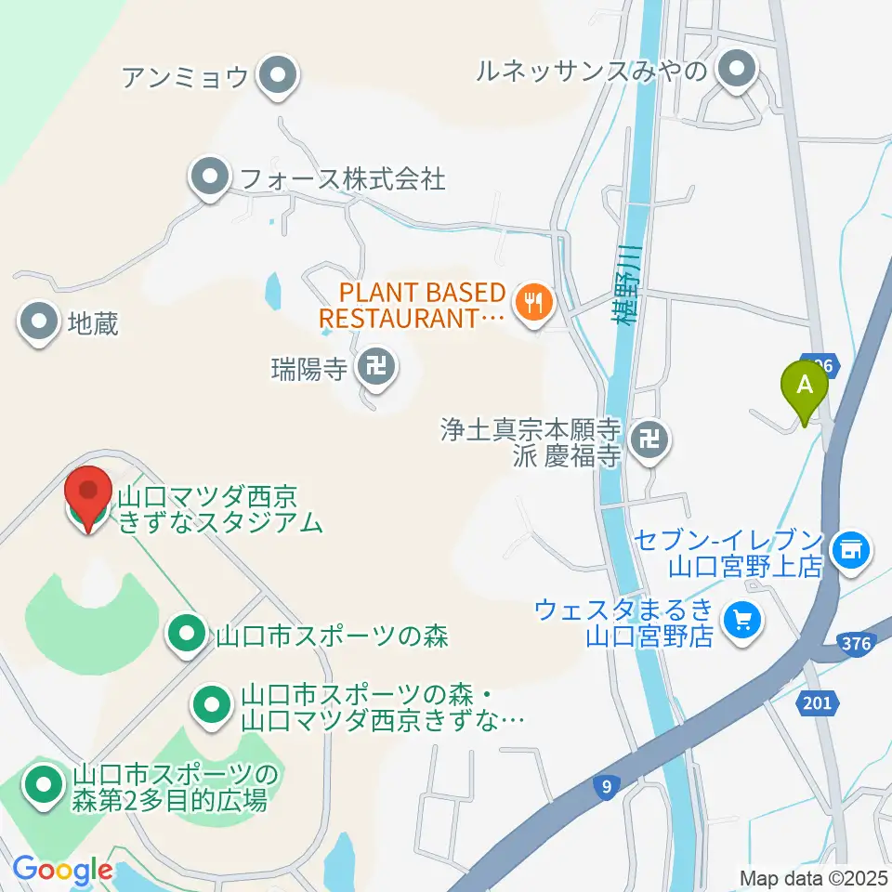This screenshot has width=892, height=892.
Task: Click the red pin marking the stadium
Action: click(88, 493)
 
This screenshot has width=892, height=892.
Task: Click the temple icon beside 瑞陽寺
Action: click(376, 369)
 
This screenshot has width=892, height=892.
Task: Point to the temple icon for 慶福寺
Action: click(648, 439)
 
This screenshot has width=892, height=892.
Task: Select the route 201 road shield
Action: click(816, 703)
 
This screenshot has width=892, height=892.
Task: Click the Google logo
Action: click(61, 871)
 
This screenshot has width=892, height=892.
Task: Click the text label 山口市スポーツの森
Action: click(332, 636)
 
